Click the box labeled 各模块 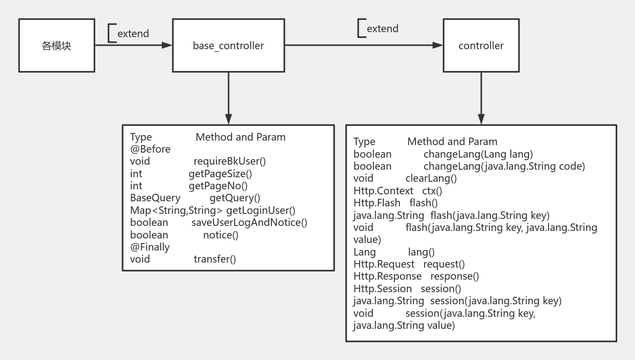57,46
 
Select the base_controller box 228,46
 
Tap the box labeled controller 481,46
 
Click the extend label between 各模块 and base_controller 133,34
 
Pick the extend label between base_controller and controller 382,29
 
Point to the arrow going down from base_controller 229,98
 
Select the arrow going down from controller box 481,98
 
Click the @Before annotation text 150,149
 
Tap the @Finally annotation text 150,247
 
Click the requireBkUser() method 230,161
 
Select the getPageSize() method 220,174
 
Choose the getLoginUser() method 261,210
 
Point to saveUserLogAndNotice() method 249,222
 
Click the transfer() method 215,259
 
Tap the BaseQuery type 155,198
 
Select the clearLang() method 431,178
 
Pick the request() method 444,264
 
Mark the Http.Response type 387,276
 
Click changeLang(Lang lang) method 478,154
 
